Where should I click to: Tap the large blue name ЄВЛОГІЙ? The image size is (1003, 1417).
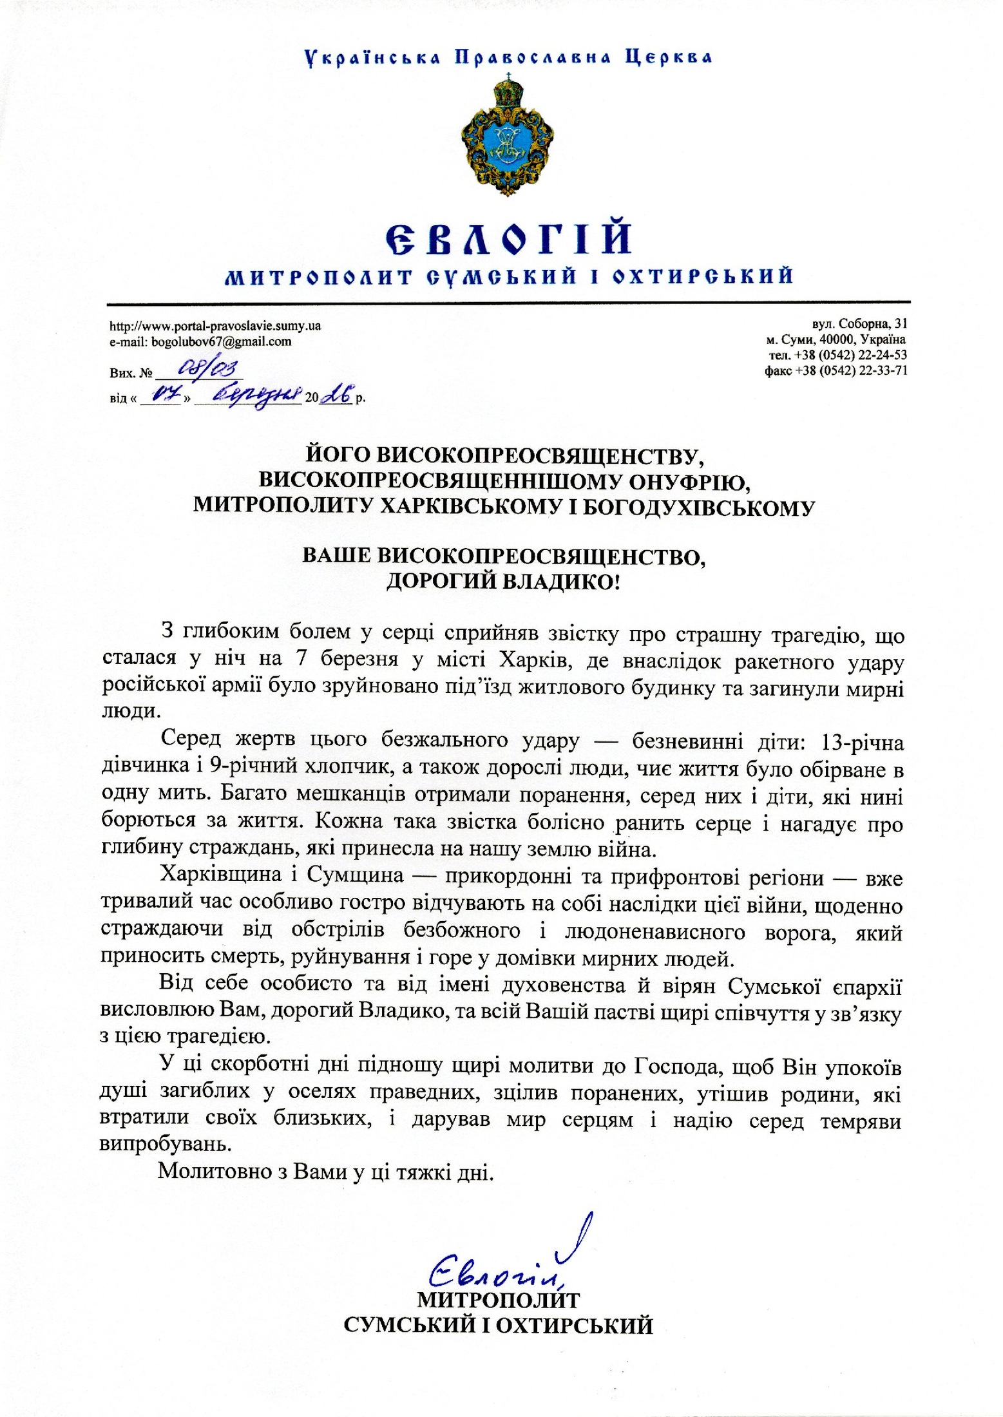coord(508,238)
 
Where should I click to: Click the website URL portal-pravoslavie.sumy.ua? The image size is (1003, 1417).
coord(215,326)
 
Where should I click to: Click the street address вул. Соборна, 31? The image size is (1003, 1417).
coord(859,324)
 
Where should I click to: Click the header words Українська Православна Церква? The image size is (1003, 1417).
coord(508,58)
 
